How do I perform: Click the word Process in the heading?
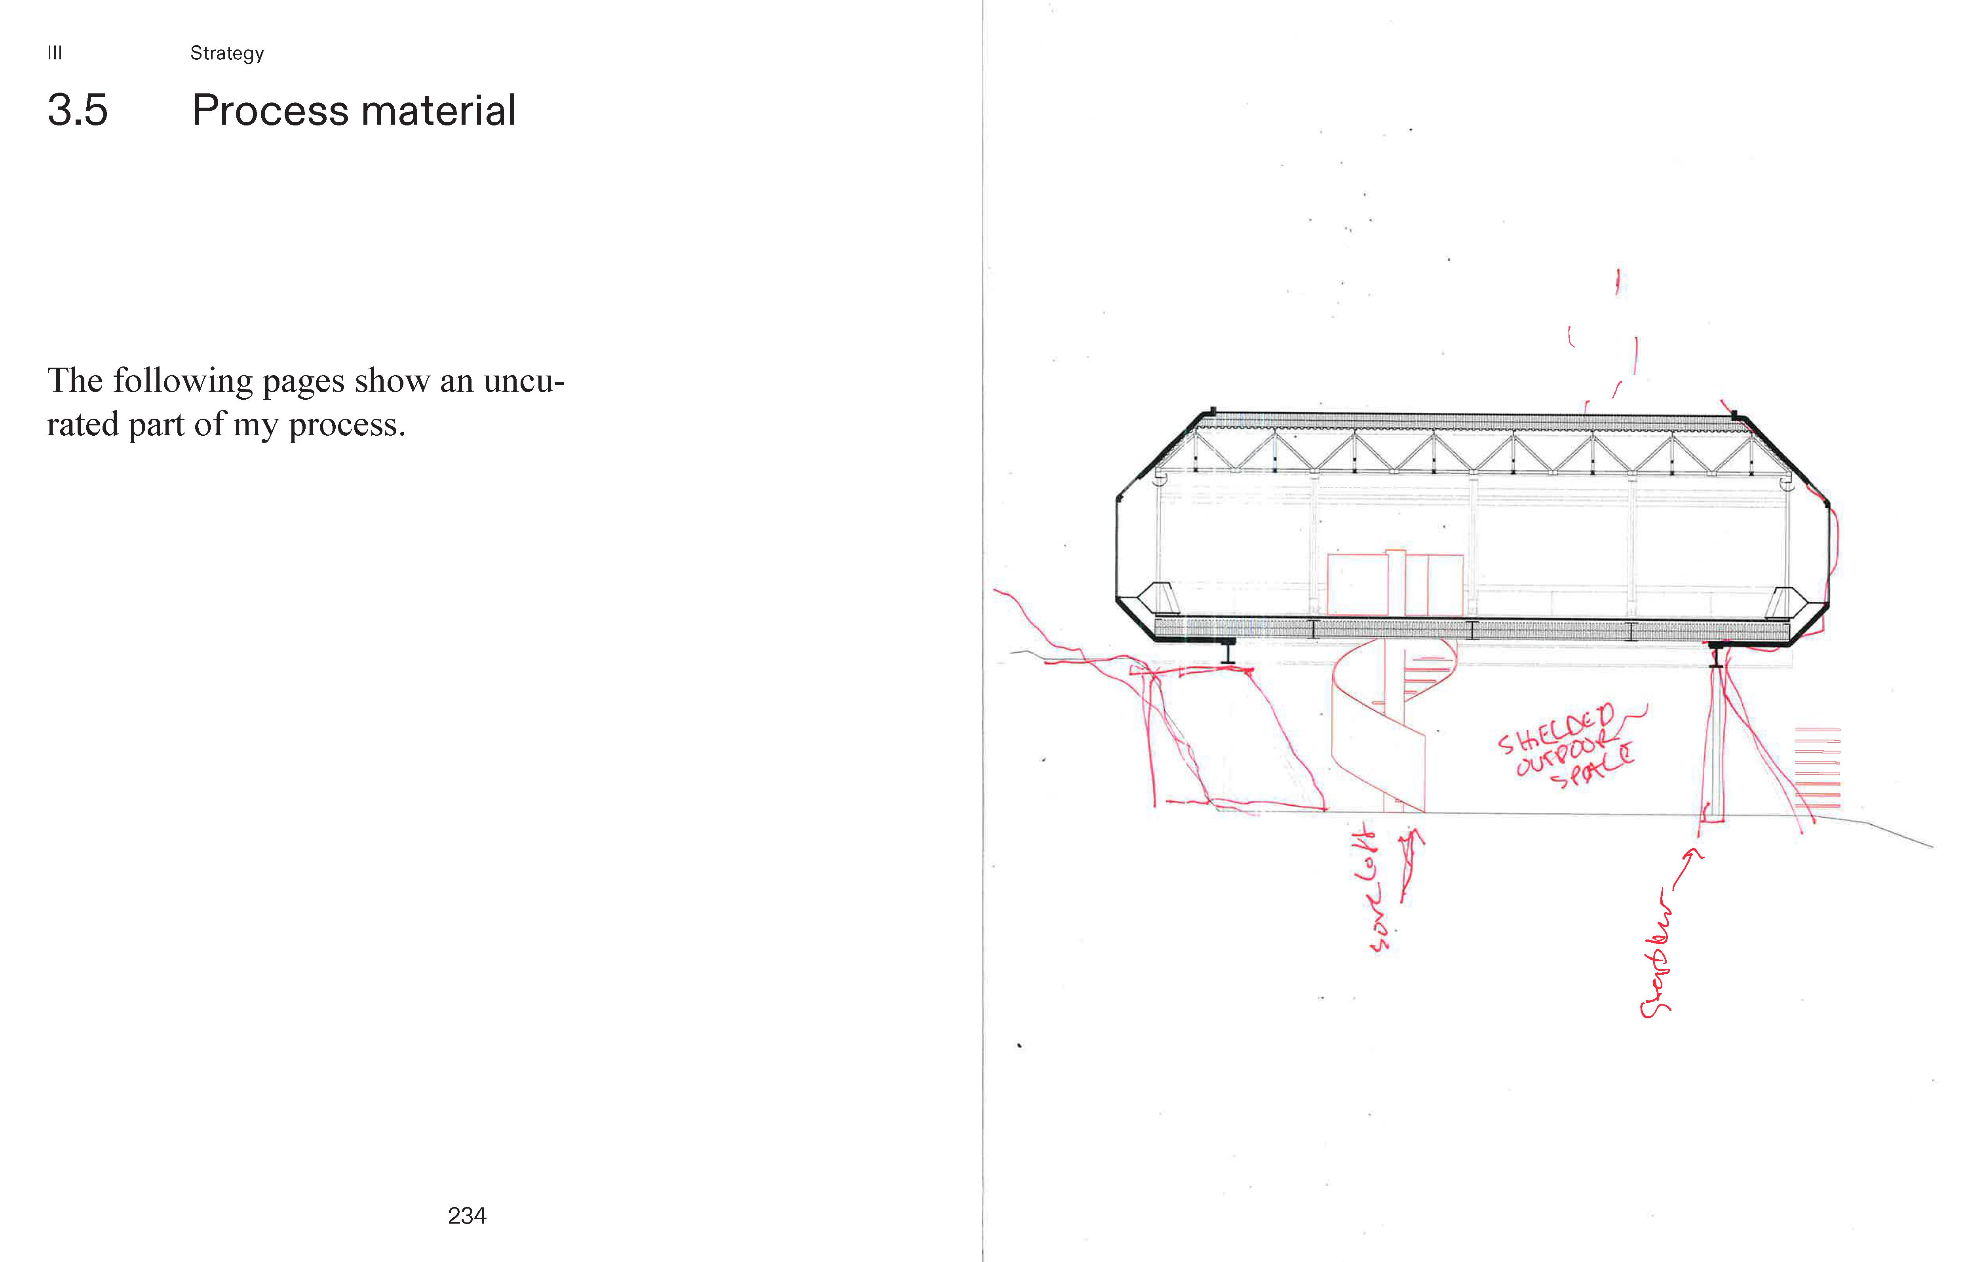click(x=270, y=111)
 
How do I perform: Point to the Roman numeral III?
click(x=54, y=53)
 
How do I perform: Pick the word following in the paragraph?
click(x=182, y=381)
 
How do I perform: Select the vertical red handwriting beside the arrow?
click(x=1656, y=955)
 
